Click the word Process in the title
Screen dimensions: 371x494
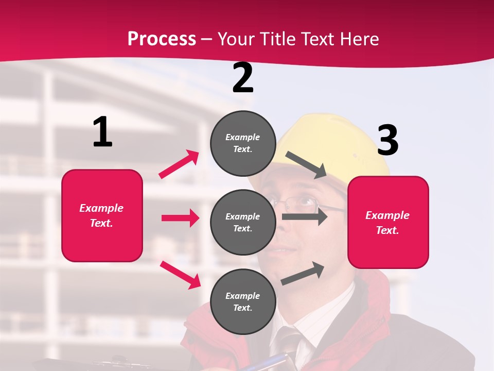[162, 39]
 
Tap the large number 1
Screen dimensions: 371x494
[102, 132]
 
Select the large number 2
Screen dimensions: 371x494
[243, 78]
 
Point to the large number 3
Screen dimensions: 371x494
[387, 140]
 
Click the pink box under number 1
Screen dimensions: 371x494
[102, 215]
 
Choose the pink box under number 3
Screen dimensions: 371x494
[388, 222]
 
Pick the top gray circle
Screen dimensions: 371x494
[243, 143]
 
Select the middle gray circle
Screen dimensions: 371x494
[243, 222]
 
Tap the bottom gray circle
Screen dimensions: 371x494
[243, 301]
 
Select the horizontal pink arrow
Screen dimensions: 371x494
[180, 218]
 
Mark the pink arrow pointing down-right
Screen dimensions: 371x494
[181, 275]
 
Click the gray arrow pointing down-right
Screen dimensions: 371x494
[306, 164]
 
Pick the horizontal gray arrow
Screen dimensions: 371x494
[304, 216]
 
